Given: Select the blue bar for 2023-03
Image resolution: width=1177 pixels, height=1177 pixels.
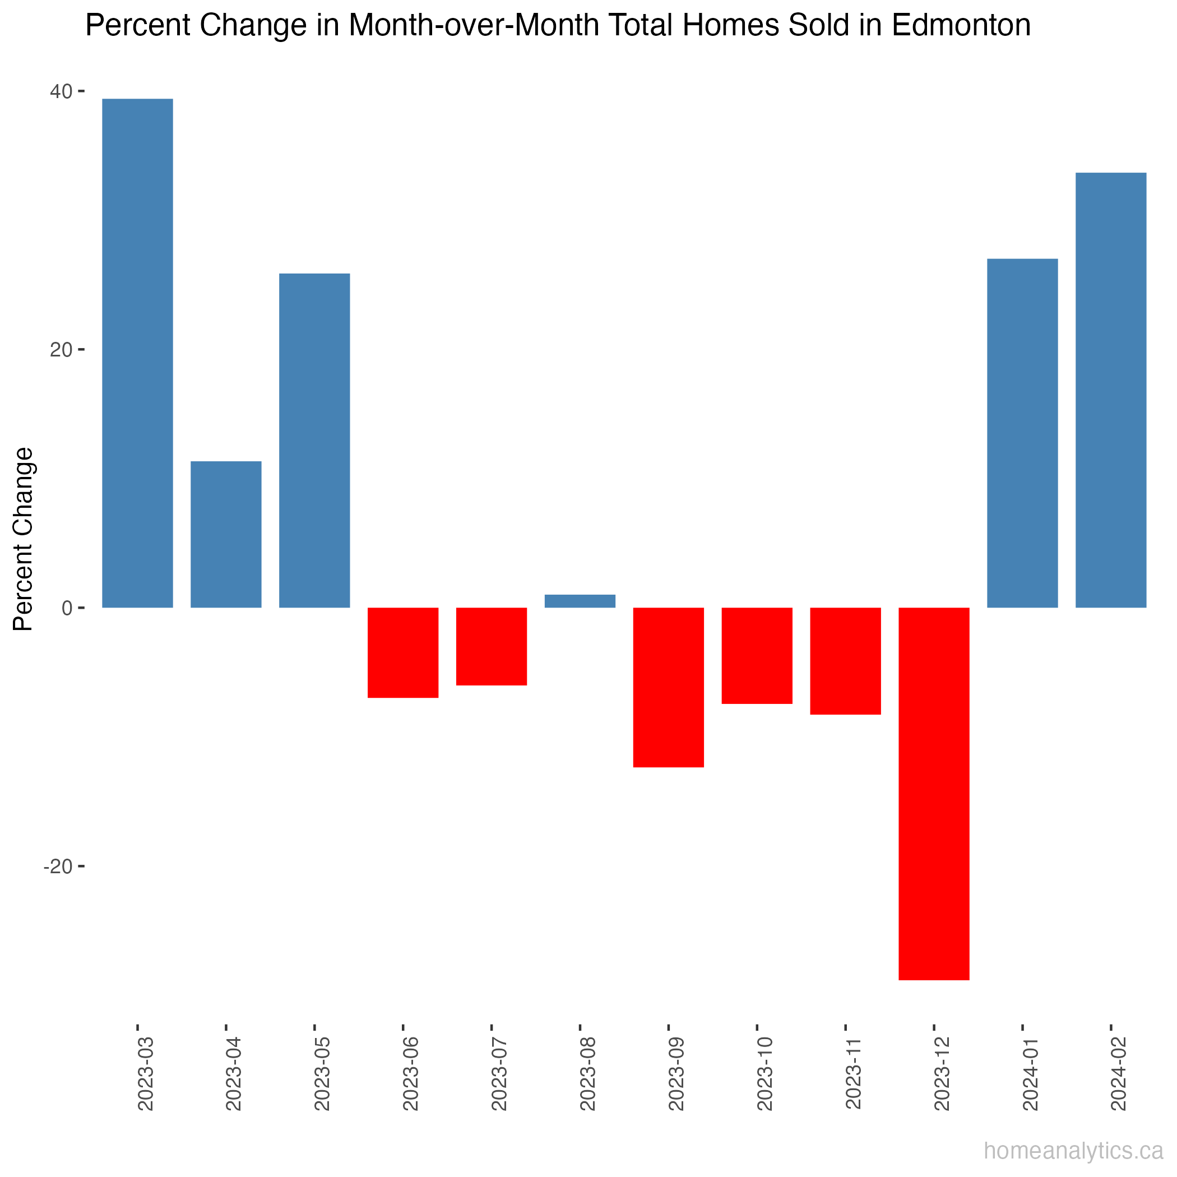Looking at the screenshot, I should click(137, 353).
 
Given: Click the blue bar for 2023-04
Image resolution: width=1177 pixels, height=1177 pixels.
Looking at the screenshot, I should click(226, 534).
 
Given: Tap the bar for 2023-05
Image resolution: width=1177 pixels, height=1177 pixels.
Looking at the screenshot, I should click(314, 441).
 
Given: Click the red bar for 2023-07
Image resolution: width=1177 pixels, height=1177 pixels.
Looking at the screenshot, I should click(491, 646).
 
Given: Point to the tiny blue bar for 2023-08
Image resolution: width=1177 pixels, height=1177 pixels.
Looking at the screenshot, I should click(580, 601).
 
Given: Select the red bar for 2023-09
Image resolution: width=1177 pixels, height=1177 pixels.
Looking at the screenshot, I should click(668, 687).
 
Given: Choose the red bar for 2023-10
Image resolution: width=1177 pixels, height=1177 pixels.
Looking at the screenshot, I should click(757, 656).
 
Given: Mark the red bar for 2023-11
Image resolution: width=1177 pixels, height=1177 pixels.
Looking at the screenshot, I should click(845, 661).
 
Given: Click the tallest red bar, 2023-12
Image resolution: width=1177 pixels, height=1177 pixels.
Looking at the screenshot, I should click(933, 794).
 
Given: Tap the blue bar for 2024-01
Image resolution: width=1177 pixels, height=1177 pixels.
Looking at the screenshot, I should click(1022, 433).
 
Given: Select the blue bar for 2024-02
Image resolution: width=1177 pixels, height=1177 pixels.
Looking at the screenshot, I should click(1111, 391).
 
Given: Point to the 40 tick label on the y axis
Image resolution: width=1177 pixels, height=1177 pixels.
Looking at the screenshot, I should click(61, 92).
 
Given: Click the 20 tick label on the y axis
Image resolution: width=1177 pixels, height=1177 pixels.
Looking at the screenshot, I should click(61, 350).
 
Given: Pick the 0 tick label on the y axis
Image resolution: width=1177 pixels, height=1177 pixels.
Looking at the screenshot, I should click(67, 609).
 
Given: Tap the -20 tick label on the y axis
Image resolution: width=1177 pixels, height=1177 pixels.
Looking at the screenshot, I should click(58, 867).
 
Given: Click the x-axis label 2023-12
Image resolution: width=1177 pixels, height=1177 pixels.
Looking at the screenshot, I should click(942, 1073).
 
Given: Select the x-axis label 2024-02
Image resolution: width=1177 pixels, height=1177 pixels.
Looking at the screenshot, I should click(1119, 1073).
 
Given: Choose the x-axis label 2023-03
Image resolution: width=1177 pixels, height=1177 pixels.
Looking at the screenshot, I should click(146, 1073).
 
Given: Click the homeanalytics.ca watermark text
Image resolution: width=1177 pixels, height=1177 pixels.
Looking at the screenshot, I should click(1073, 1151).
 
